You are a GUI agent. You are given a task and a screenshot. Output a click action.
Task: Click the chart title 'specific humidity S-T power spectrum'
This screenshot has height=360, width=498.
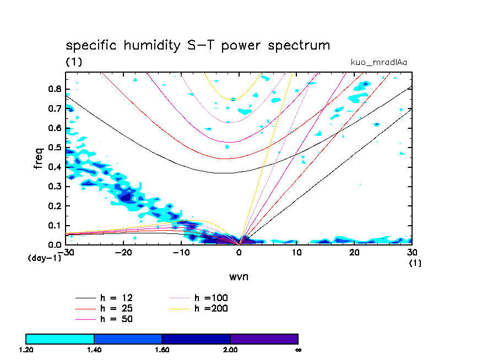point(198,45)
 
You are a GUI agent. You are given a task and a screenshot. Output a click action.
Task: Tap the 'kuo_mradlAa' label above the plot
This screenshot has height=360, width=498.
point(378,62)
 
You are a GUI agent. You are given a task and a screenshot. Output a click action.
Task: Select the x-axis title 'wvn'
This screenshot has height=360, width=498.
point(239,276)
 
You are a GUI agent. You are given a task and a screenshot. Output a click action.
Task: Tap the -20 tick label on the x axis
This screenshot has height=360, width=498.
point(123,253)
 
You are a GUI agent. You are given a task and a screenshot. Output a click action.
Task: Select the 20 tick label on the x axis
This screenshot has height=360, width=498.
point(354,253)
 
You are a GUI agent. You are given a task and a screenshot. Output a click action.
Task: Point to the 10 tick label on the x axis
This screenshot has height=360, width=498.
point(296,253)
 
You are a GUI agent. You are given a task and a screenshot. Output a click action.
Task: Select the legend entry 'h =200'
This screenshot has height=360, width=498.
point(211,308)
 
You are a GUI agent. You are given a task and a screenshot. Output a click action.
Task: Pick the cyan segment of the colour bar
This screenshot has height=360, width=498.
point(60,339)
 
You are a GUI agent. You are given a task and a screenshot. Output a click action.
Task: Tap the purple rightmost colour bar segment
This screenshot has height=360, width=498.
point(264,339)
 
